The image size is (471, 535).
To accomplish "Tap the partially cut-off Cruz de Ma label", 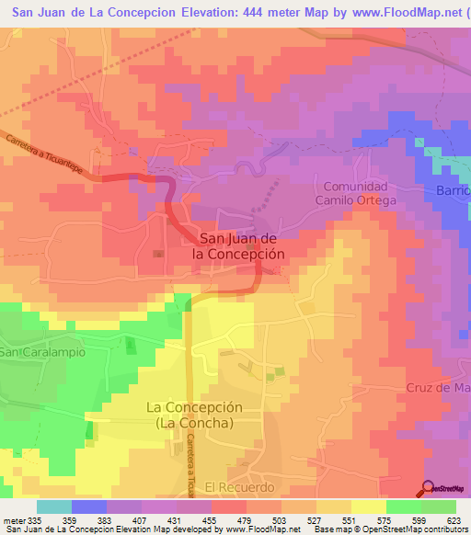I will click(x=438, y=387).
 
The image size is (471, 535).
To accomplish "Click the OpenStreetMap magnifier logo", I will click(x=427, y=488).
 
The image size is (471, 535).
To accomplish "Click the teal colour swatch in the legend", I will click(x=53, y=507).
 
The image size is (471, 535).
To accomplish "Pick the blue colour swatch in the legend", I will click(x=88, y=507).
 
